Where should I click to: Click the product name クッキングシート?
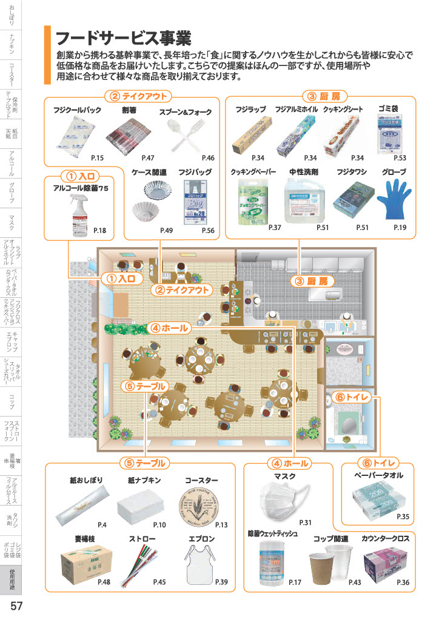coord(343,109)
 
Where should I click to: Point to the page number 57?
coord(16,606)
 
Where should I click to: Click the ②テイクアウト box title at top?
coord(137,96)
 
